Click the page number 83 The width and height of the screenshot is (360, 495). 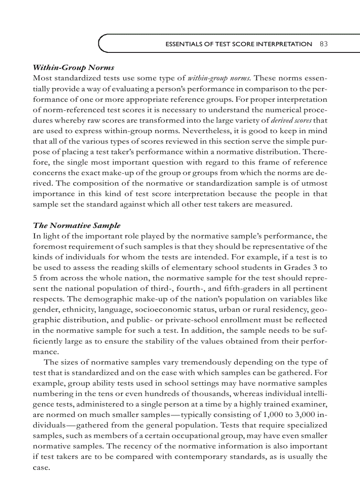323,44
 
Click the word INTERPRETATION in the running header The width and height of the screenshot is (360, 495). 282,44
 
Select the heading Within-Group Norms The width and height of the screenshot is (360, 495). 74,67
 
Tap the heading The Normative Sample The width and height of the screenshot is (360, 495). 77,225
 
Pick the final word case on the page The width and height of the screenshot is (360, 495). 41,467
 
